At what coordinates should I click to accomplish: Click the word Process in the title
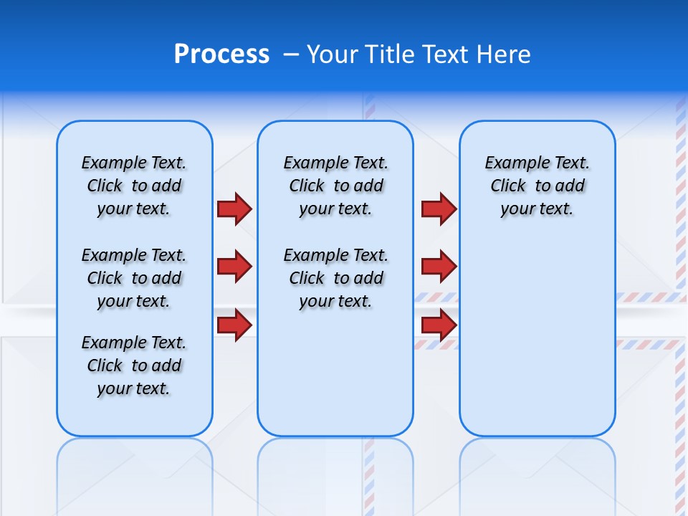coord(221,54)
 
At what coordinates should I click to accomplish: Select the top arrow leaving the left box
coord(234,209)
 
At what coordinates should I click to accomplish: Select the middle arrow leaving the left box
coord(234,267)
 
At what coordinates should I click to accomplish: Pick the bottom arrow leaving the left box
coord(234,325)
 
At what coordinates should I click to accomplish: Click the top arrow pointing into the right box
coord(439,209)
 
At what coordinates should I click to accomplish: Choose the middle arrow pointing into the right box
coord(439,267)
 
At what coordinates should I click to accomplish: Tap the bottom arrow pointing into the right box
coord(439,325)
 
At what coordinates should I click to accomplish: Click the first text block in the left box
coord(134,186)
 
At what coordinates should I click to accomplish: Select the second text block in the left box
coord(134,278)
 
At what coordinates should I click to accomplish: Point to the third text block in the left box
coord(134,365)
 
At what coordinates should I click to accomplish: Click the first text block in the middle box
coord(335,186)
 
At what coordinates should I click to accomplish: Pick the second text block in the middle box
coord(335,278)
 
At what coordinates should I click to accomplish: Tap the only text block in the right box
coord(537,186)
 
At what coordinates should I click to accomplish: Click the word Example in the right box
coord(510,163)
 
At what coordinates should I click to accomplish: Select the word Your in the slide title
coord(332,54)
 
